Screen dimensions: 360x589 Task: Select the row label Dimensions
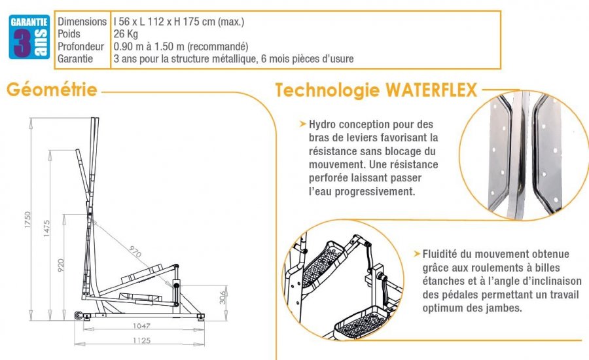point(82,22)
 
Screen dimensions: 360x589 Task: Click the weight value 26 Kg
point(126,34)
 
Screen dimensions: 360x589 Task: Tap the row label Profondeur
point(81,46)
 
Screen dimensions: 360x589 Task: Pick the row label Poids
point(70,34)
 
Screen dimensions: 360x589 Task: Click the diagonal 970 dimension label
point(135,249)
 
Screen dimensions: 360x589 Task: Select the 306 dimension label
point(224,298)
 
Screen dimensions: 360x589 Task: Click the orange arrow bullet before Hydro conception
point(302,124)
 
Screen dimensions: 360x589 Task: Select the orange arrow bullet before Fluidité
point(417,253)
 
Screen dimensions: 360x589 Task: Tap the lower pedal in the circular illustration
point(359,322)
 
